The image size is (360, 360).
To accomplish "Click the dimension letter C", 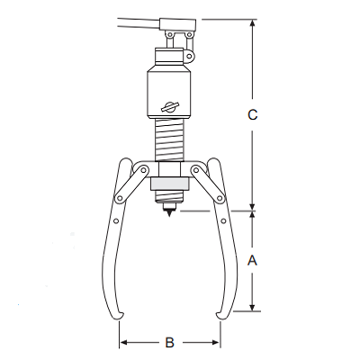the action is point(253,114).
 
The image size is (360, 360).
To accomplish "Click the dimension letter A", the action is point(252,260).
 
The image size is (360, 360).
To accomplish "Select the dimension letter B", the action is point(170,342).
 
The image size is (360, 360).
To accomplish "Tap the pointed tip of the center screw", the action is point(169,217).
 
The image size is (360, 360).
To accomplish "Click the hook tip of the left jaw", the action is point(122,314).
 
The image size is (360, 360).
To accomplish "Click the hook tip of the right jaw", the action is point(217,314).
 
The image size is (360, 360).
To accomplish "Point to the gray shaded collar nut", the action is point(169,184).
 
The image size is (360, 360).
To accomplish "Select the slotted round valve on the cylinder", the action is point(170,107).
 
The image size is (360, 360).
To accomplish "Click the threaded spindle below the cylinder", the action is point(170,140).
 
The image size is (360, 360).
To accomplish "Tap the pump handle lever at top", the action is point(157,24).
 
